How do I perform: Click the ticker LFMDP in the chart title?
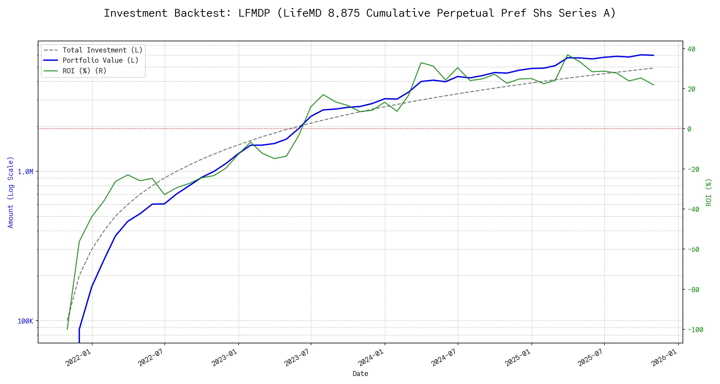point(254,13)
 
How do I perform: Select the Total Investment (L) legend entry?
point(102,50)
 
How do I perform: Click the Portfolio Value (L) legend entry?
point(100,60)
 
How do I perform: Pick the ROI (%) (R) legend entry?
point(84,71)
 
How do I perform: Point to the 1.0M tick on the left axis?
point(25,172)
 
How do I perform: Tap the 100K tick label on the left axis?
point(25,321)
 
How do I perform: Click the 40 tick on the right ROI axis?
point(691,49)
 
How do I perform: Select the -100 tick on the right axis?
point(695,330)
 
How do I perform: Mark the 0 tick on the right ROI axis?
point(689,129)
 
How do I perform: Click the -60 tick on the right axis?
point(693,249)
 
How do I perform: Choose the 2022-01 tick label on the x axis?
point(79,358)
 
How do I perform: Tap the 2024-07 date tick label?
point(444,358)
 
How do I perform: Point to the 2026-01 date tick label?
point(665,358)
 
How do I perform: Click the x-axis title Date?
point(360,374)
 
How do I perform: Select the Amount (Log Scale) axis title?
point(11,192)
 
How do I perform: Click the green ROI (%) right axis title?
point(709,192)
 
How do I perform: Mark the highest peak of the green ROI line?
point(567,55)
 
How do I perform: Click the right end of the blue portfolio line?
point(654,55)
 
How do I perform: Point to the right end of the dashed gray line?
point(653,68)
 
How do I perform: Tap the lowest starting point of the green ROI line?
point(67,329)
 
